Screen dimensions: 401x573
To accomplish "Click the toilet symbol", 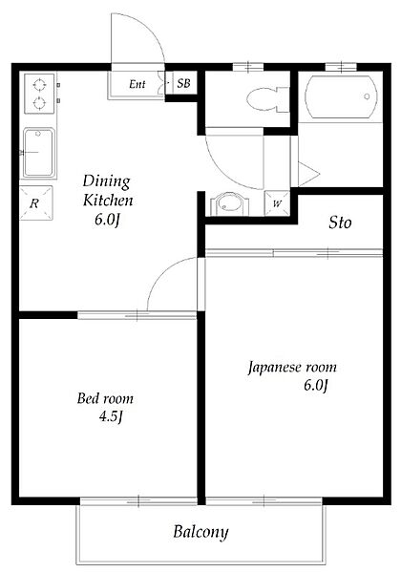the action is [x=267, y=99].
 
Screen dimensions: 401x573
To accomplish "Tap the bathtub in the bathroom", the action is [x=341, y=96].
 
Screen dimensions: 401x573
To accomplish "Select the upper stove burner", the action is [x=39, y=85].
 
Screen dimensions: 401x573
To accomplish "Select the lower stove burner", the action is [x=39, y=103].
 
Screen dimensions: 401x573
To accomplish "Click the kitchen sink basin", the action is [x=38, y=153].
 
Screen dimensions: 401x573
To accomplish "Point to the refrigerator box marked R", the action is [x=36, y=203].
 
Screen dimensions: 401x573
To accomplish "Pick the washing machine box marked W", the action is [x=277, y=203].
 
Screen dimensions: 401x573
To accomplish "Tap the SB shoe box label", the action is [x=183, y=83].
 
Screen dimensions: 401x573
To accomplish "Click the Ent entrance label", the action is [x=137, y=84].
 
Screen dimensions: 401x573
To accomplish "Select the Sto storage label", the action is [x=340, y=223].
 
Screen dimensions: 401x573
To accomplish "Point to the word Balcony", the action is [x=200, y=532].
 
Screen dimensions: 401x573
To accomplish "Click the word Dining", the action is [x=106, y=181].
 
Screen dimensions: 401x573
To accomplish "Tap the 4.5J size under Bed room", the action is [x=111, y=416].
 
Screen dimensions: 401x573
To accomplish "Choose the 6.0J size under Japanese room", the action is [x=315, y=385].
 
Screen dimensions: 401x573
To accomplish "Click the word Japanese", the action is [x=275, y=368].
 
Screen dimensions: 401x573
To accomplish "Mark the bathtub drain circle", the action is [x=367, y=96].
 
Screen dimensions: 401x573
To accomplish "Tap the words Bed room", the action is [x=105, y=398].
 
